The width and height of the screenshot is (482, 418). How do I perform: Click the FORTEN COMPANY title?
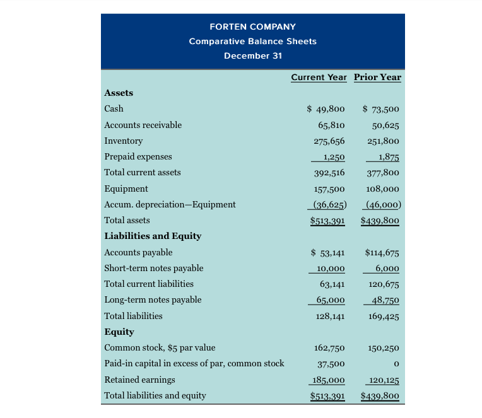click(252, 26)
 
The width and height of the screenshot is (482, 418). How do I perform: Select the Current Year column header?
click(319, 77)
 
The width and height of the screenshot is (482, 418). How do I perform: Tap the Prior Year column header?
click(377, 77)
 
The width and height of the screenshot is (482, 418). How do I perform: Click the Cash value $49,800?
click(326, 108)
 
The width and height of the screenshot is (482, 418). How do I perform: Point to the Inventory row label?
click(123, 141)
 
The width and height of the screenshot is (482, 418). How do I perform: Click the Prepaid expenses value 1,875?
click(385, 156)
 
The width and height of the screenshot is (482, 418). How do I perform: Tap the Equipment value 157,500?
click(328, 189)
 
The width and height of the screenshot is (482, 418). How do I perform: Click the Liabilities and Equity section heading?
click(153, 236)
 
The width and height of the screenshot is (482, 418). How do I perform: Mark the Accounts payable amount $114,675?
click(382, 253)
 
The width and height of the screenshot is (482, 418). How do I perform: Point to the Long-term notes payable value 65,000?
click(329, 300)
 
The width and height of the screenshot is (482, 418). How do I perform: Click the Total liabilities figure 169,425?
click(383, 316)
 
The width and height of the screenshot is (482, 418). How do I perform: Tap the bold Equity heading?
click(119, 332)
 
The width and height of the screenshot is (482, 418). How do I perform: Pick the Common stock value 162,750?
click(329, 347)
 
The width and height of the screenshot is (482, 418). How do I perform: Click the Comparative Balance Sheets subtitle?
click(252, 41)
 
